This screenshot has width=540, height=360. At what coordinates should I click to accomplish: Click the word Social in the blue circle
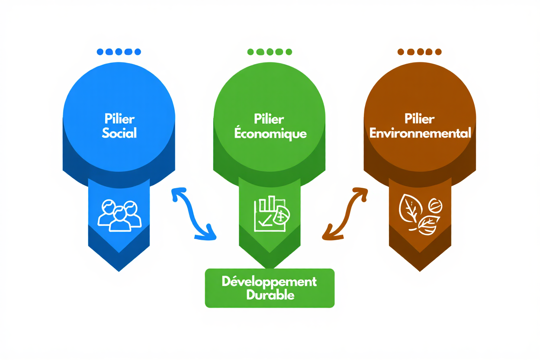click(119, 133)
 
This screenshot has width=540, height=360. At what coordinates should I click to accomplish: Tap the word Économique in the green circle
click(270, 134)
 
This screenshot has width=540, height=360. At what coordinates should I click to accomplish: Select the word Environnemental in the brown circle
click(420, 133)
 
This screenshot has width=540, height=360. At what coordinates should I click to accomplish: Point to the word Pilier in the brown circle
click(420, 119)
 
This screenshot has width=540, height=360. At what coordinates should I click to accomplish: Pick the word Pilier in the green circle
click(269, 119)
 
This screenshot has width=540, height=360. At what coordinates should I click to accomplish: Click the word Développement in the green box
click(269, 281)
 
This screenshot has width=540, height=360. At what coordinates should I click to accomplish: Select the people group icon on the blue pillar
click(119, 215)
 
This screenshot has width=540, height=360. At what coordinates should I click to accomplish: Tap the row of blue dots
click(119, 52)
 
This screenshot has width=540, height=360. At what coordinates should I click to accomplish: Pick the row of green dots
click(269, 52)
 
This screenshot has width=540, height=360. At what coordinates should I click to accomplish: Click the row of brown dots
click(419, 52)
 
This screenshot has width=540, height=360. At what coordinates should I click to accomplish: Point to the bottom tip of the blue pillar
click(119, 270)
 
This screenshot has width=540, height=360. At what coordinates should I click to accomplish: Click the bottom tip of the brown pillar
click(420, 270)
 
